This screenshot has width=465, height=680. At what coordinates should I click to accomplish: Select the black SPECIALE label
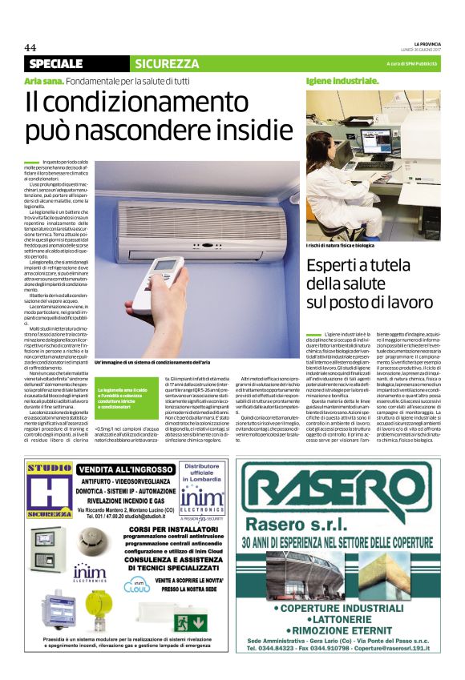(x=56, y=63)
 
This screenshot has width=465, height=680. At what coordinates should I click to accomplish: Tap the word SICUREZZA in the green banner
(x=167, y=63)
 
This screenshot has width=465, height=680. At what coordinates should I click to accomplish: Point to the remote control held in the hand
(x=168, y=272)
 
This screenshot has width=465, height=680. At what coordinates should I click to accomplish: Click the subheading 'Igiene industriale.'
(x=342, y=81)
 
